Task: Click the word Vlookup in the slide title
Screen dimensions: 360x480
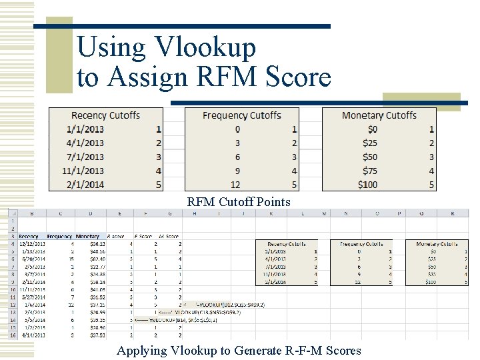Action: [205, 48]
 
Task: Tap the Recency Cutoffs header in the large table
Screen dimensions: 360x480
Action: [105, 115]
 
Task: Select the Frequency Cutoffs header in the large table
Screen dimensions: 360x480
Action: [242, 115]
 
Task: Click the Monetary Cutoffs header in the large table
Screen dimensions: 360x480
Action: [379, 115]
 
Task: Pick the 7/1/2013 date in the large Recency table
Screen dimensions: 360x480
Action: [85, 157]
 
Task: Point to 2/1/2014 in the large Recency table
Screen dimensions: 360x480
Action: [85, 185]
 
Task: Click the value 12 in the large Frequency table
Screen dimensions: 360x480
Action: [236, 185]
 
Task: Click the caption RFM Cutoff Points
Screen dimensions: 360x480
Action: [239, 201]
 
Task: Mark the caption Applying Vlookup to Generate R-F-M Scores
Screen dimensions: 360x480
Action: [239, 351]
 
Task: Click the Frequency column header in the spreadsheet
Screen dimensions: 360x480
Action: [59, 236]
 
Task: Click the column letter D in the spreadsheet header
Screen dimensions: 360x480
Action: [91, 214]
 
